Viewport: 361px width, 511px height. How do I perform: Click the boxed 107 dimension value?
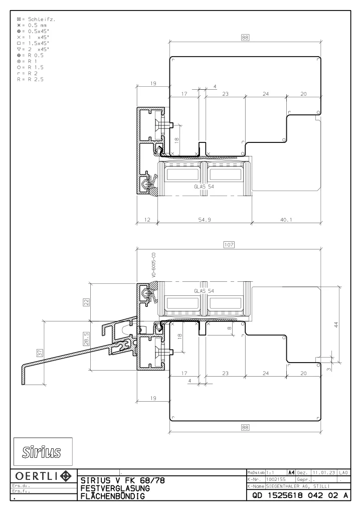(x=229, y=244)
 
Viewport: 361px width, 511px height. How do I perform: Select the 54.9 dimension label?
(x=205, y=220)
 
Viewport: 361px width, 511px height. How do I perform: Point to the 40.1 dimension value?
(x=286, y=220)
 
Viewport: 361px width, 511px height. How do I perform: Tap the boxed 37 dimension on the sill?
(x=40, y=353)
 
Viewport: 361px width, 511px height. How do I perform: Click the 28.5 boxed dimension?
(x=86, y=339)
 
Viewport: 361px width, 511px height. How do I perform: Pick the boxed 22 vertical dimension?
(x=86, y=302)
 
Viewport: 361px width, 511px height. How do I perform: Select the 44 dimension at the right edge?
(x=336, y=324)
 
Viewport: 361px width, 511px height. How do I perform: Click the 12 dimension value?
(x=147, y=220)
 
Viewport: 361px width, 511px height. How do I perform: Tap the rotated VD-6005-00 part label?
(x=154, y=265)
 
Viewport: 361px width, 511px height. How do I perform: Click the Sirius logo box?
(x=43, y=451)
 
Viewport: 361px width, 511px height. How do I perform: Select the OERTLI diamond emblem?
(x=66, y=476)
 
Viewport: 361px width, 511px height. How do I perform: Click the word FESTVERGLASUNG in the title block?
(x=115, y=488)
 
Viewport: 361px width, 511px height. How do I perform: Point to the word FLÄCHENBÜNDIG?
(x=113, y=496)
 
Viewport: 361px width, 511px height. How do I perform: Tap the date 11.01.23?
(x=324, y=472)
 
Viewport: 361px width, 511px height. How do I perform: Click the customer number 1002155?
(x=276, y=479)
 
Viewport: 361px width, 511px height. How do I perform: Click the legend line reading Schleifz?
(x=36, y=19)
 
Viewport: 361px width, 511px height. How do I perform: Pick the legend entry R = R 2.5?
(x=30, y=79)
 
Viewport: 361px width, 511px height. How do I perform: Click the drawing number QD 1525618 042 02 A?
(x=300, y=495)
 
